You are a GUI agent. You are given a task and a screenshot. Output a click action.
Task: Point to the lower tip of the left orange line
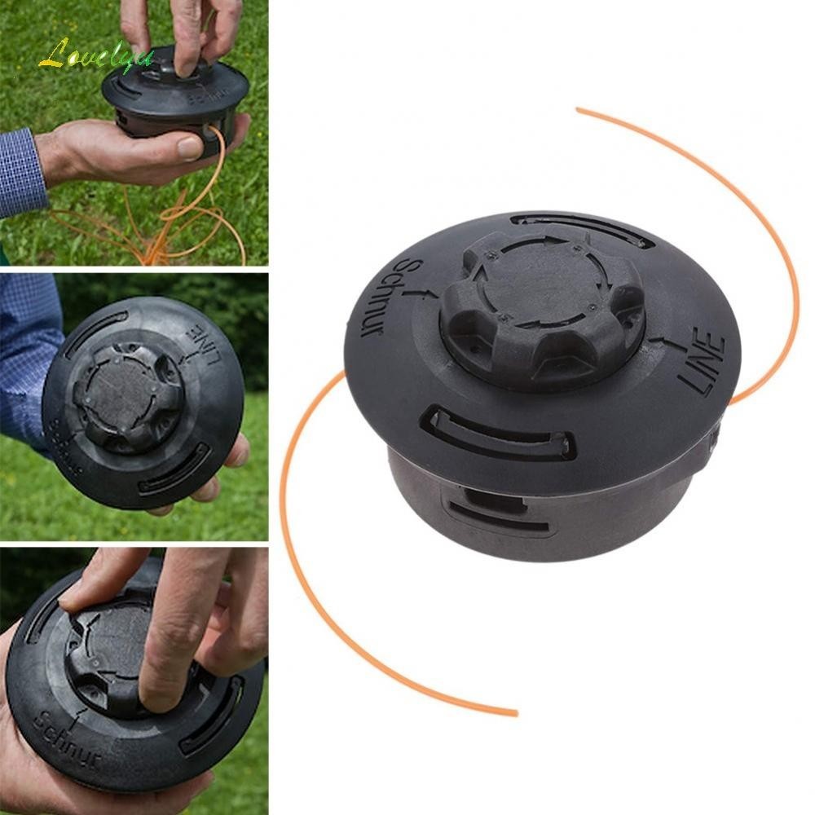pyautogui.click(x=513, y=714)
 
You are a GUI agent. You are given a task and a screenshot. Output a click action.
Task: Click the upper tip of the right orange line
pyautogui.click(x=579, y=109)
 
